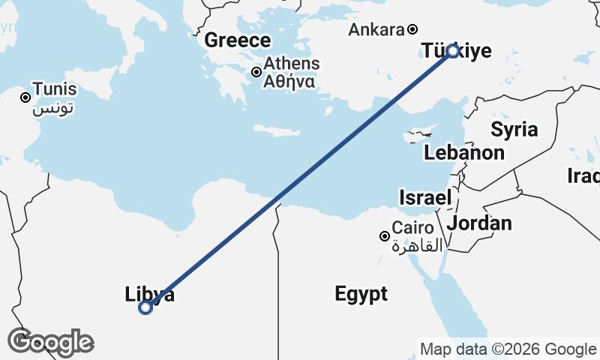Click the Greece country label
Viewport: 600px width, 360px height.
(237, 40)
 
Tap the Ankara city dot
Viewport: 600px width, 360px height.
(412, 30)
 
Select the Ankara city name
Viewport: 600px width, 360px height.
(376, 30)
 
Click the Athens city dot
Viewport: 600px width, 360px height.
(256, 72)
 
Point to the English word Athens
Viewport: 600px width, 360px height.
(292, 64)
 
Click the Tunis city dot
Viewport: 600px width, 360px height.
(25, 97)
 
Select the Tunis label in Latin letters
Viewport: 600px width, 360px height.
(55, 89)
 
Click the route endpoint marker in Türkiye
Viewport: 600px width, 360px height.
(452, 51)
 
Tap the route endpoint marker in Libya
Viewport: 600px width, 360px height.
(146, 307)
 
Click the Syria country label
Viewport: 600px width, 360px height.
(514, 129)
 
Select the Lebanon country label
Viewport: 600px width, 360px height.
(463, 153)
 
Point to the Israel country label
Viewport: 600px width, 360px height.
(425, 198)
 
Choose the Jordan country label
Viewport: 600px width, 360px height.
(479, 223)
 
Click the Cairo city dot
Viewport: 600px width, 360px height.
(385, 236)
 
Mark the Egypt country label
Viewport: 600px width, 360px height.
(361, 293)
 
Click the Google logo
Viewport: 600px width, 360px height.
(51, 342)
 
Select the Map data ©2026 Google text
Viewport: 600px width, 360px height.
(508, 349)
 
